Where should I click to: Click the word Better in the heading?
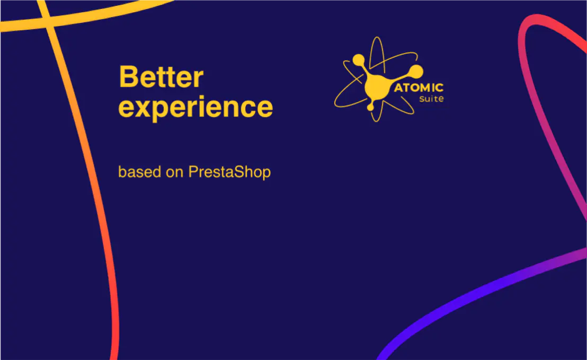161,77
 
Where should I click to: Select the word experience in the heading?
195,108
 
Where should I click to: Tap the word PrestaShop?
229,172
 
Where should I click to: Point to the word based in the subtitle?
140,172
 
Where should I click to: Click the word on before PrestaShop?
174,173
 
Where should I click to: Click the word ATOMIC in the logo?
419,87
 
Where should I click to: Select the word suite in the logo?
431,99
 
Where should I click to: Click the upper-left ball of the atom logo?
358,60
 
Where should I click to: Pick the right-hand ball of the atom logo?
416,71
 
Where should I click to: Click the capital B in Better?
128,77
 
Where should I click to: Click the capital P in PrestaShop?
193,172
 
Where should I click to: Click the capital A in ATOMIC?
398,88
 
